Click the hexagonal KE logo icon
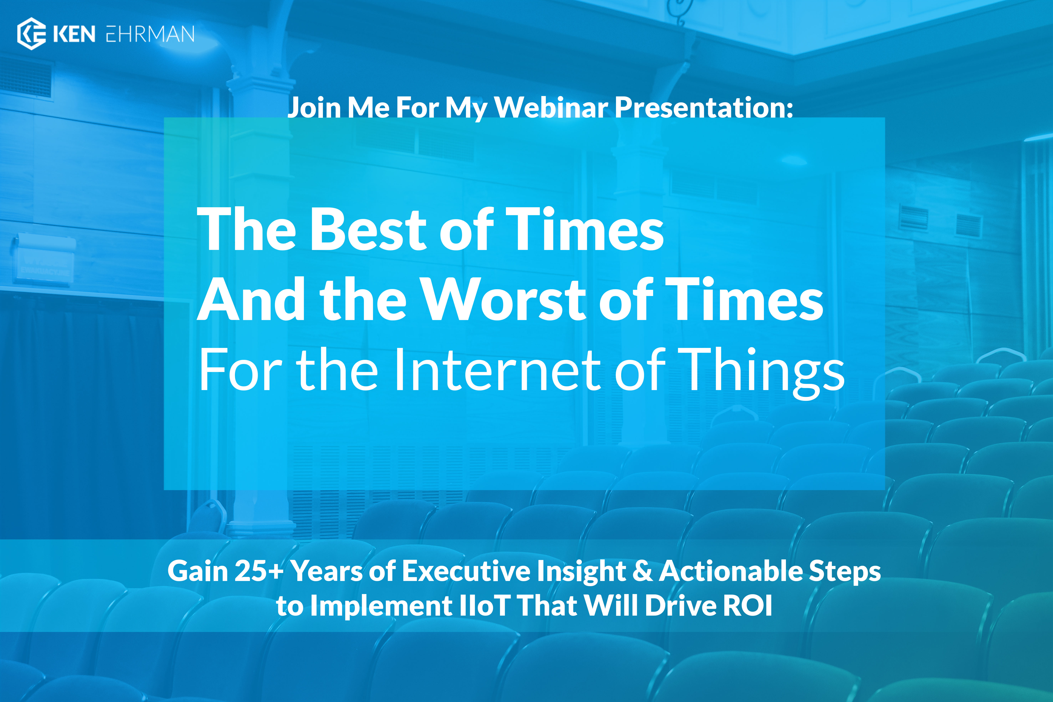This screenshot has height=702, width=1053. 31,33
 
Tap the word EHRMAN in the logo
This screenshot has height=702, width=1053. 150,34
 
